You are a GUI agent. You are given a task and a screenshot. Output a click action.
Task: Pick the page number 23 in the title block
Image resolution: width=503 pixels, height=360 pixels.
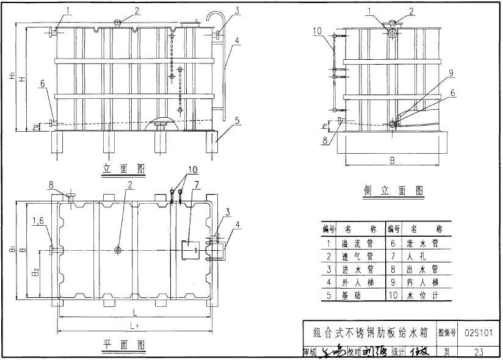click(479, 351)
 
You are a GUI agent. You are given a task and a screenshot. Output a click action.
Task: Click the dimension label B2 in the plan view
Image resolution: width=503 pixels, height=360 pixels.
click(37, 270)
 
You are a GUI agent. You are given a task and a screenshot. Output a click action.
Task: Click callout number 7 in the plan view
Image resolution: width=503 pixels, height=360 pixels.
click(197, 184)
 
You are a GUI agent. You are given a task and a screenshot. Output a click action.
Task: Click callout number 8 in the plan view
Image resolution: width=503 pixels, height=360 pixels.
click(51, 183)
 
